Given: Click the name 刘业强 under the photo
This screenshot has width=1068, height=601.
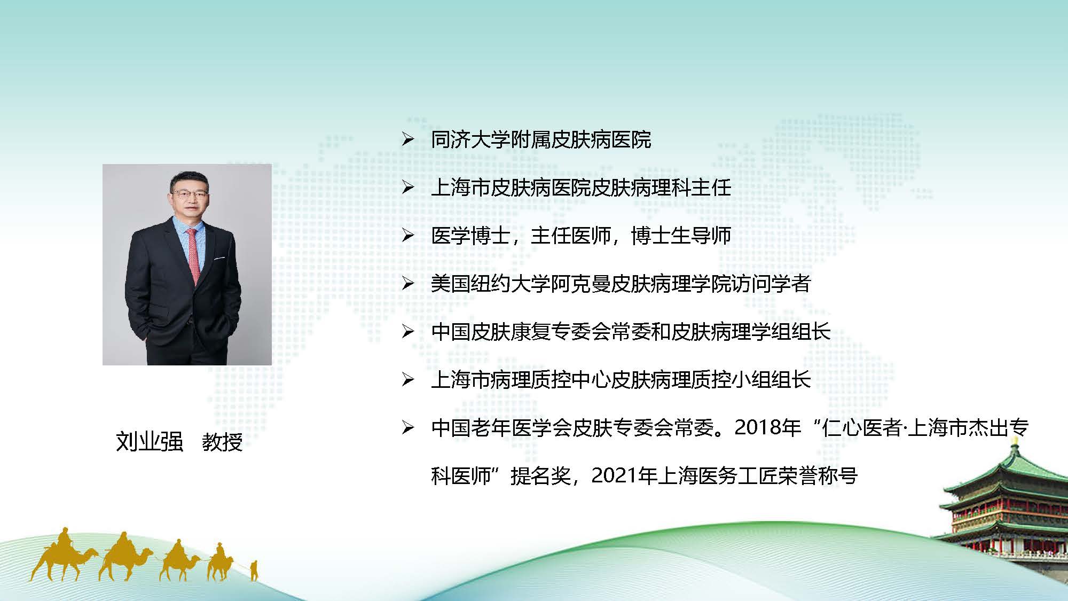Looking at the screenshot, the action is click(x=150, y=442).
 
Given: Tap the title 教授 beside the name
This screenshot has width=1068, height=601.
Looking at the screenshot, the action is click(x=222, y=442).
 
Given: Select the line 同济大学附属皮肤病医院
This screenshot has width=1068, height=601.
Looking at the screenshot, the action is click(x=541, y=140).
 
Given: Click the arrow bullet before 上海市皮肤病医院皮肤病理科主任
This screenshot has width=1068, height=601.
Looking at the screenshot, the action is click(x=408, y=188).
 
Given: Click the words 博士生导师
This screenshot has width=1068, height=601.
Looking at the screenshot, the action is click(x=681, y=236).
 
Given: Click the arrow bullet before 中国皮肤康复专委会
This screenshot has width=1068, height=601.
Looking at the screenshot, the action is click(x=408, y=332).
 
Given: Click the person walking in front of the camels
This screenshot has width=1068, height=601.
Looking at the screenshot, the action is click(x=254, y=570).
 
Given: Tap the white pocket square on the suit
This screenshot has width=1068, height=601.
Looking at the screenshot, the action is click(x=219, y=259).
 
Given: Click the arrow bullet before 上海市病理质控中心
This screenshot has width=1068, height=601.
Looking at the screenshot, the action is click(x=408, y=380).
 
